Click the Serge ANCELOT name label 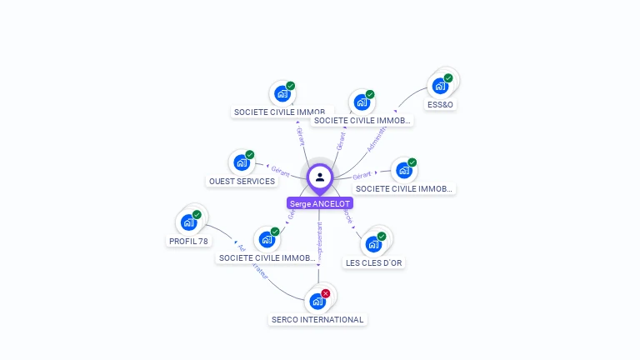(x=320, y=203)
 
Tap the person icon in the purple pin (x=320, y=177)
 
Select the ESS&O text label (x=441, y=105)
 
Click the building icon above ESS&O (x=439, y=86)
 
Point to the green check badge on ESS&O (x=448, y=78)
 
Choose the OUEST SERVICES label (x=242, y=181)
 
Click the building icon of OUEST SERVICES (x=241, y=162)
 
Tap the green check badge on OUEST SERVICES (x=249, y=155)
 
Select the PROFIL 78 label (x=188, y=241)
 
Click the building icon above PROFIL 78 (x=188, y=222)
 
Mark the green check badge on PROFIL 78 (x=197, y=215)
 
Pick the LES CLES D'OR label (x=374, y=262)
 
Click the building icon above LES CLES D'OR (x=372, y=244)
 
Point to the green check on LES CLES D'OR (x=382, y=237)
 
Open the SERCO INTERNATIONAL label (x=317, y=319)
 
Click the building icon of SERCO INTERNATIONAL (x=317, y=301)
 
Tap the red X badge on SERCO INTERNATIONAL (x=326, y=293)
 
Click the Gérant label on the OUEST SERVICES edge (x=280, y=170)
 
